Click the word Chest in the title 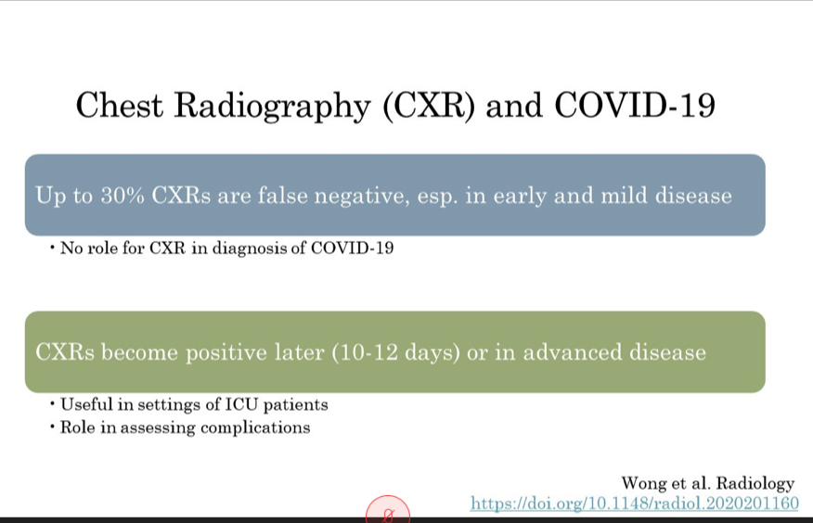119,105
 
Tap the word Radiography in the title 272,107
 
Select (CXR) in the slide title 429,106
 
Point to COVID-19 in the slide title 635,105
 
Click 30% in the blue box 123,196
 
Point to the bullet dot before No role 52,248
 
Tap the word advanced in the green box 572,352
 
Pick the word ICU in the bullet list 241,404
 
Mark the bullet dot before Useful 52,403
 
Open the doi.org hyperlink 634,504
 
